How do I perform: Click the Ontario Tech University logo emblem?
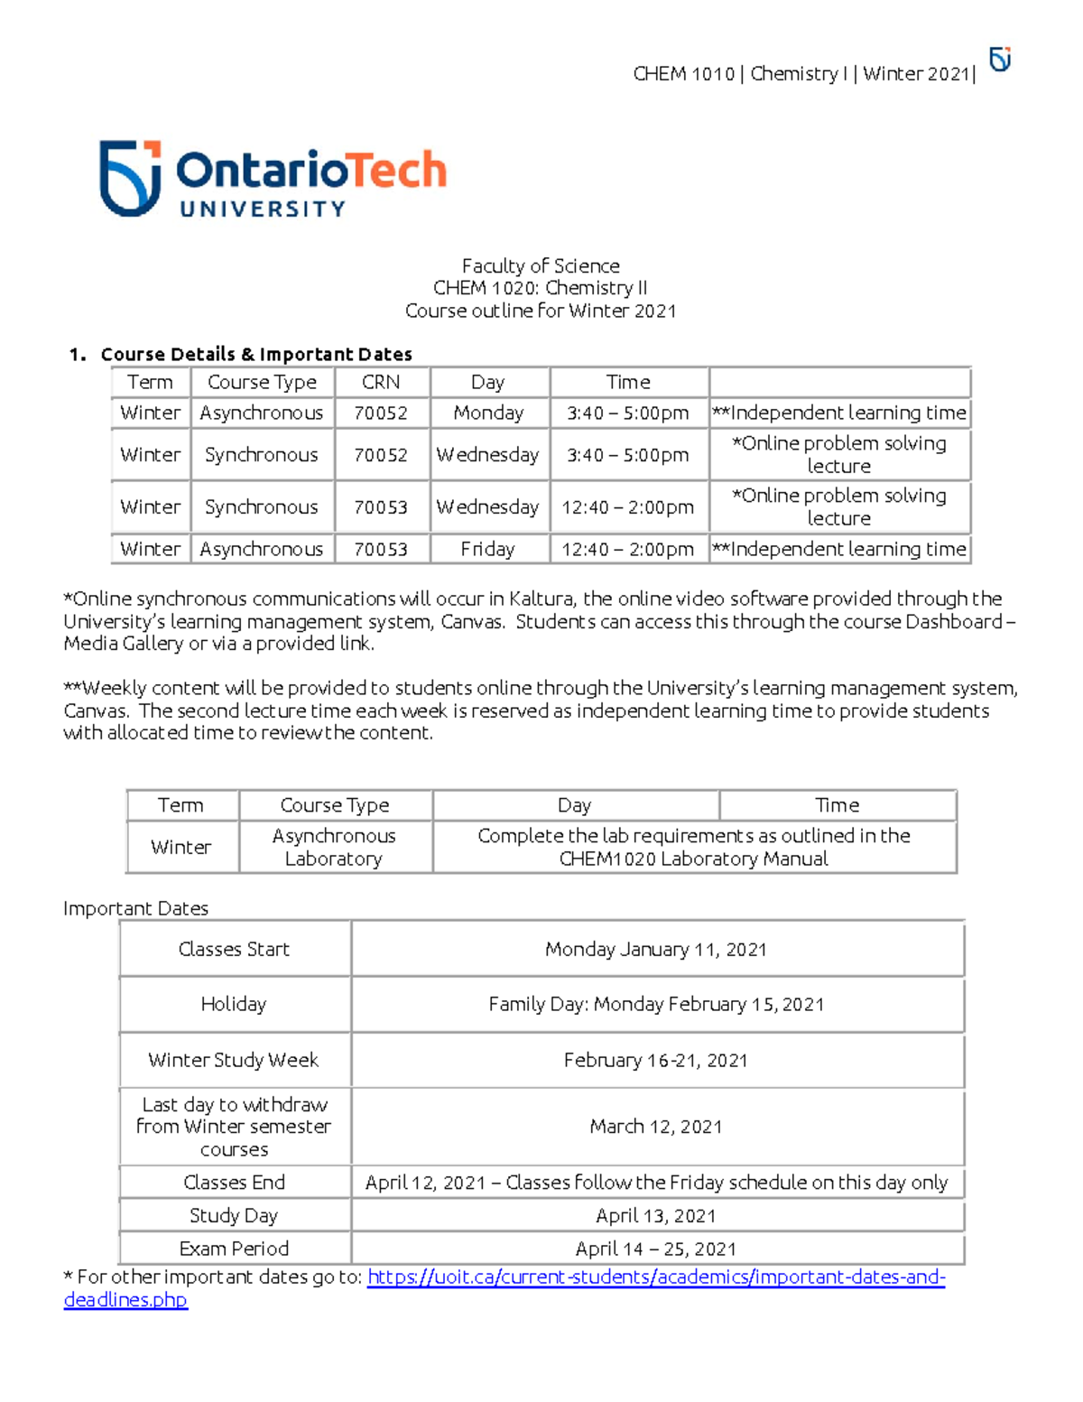point(130,178)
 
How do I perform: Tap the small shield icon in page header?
point(999,60)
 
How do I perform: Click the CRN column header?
point(381,382)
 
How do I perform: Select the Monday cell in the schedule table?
point(488,413)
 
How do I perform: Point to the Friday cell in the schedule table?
point(488,549)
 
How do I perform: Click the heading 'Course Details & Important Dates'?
point(256,354)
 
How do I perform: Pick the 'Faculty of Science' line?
point(541,265)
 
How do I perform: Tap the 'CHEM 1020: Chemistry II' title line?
point(541,288)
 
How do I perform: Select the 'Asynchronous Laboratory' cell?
point(334,847)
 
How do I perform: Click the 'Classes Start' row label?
point(234,949)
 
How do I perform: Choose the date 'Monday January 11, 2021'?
point(656,949)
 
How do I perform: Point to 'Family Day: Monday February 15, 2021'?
point(656,1004)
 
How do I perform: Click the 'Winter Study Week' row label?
point(234,1060)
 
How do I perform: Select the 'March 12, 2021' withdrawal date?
point(656,1127)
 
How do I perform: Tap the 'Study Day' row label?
point(234,1215)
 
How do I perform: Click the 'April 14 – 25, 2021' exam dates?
point(656,1249)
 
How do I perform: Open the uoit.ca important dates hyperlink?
point(656,1277)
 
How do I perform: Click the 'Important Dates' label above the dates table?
point(135,908)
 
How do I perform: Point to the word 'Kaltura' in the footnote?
point(541,599)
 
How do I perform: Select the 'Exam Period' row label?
point(234,1249)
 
